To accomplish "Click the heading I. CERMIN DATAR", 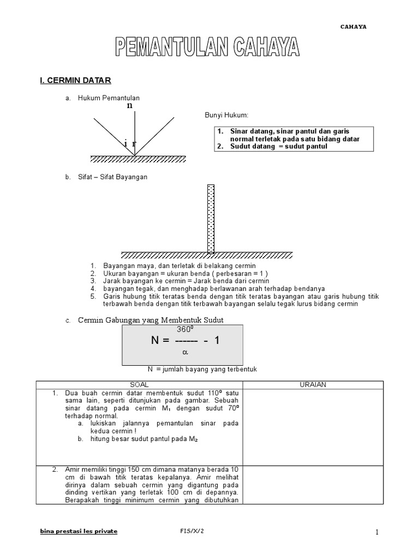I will point(75,80).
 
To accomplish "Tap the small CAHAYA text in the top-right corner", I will point(354,26).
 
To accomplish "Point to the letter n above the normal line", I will point(129,105).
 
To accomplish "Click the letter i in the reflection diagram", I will point(126,143).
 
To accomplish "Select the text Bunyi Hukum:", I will point(226,115).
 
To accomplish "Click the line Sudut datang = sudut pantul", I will point(278,146).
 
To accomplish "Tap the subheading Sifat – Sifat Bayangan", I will point(112,177).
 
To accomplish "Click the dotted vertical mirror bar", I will point(211,218).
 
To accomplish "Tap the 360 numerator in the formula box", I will point(183,330).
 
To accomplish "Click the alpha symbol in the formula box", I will point(184,353).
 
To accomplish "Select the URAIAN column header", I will point(313,385).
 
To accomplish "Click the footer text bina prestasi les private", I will point(79,531).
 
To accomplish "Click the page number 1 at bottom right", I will point(376,532).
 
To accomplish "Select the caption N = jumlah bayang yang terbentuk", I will point(202,370).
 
